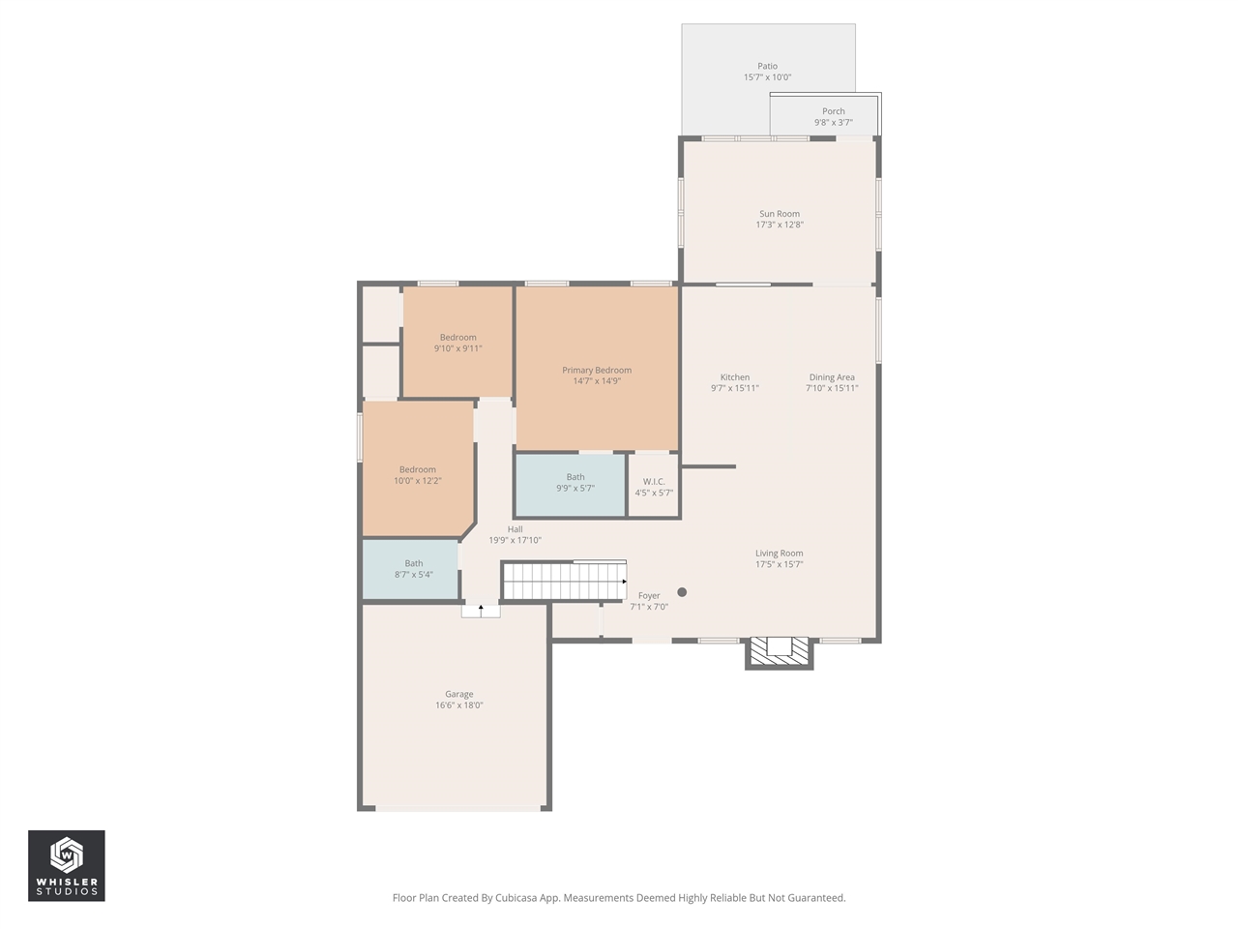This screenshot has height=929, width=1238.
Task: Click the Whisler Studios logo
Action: pos(66,865)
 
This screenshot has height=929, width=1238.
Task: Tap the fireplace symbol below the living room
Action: pos(779,651)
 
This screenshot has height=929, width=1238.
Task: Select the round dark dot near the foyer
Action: pos(682,592)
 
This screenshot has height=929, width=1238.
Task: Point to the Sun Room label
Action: pos(779,214)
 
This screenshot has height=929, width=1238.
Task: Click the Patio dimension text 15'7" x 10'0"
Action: pos(767,77)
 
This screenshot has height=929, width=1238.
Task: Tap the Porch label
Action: pos(833,111)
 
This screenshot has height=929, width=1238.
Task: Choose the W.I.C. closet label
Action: pos(654,482)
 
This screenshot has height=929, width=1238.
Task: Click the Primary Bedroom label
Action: pos(596,370)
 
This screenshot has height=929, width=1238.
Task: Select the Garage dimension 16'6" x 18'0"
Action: pos(458,705)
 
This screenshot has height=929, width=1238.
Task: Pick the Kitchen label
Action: pos(734,377)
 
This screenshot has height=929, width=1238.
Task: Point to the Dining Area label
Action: pos(832,377)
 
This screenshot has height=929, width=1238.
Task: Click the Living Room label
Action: pos(779,554)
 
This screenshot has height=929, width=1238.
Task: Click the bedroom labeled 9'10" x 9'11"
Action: pos(457,343)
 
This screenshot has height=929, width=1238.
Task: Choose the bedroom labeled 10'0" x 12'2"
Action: pos(417,475)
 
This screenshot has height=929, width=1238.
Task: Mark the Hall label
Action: pos(515,529)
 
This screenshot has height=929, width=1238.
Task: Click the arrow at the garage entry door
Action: pos(481,610)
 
